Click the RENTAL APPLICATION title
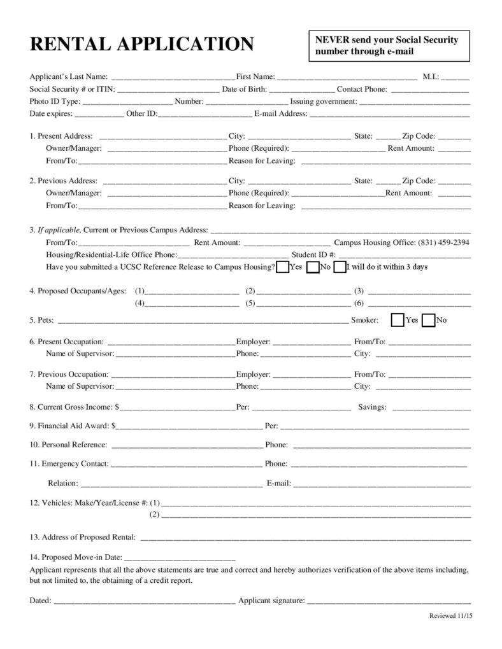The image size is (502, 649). pyautogui.click(x=141, y=44)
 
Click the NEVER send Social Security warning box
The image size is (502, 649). pyautogui.click(x=389, y=46)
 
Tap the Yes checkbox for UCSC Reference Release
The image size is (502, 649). pyautogui.click(x=283, y=267)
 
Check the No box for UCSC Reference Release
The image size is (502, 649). pyautogui.click(x=313, y=267)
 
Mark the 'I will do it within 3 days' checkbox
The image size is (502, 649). pyautogui.click(x=340, y=267)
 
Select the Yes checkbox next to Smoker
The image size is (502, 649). pyautogui.click(x=398, y=319)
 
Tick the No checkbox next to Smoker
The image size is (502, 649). pyautogui.click(x=429, y=319)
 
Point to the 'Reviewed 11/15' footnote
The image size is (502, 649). pyautogui.click(x=450, y=616)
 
